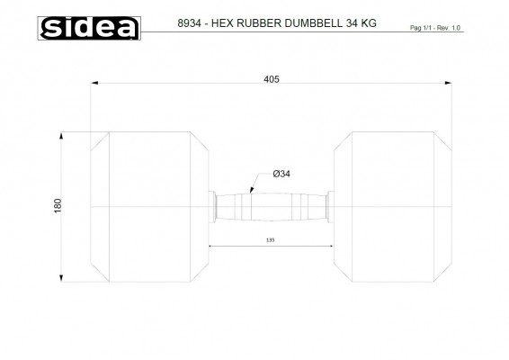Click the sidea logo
(x=89, y=28)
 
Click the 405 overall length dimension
(x=272, y=79)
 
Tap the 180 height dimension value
(x=58, y=206)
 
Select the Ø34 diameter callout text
(x=281, y=174)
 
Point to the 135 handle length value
(x=270, y=240)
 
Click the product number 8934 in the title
(x=189, y=23)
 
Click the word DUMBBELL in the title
(x=313, y=23)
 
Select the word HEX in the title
(x=222, y=23)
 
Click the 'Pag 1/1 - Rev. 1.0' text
(x=435, y=28)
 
